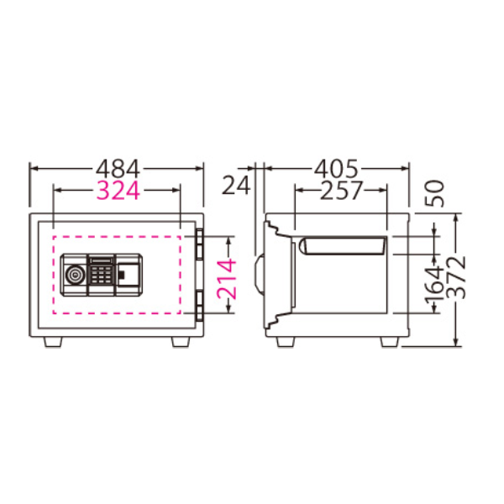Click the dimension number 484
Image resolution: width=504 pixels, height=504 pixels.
tap(118, 169)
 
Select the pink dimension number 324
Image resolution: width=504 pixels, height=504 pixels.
tap(118, 191)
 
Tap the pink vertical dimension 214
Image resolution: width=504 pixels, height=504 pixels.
tap(227, 279)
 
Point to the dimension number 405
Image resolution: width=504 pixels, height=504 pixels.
tap(336, 169)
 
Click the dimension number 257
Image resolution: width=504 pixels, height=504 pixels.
tap(341, 190)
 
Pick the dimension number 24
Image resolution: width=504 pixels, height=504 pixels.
tap(236, 185)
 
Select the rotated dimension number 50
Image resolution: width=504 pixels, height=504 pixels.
tap(434, 193)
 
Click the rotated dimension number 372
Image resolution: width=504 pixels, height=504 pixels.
tap(456, 277)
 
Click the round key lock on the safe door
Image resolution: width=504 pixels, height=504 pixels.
tap(75, 275)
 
